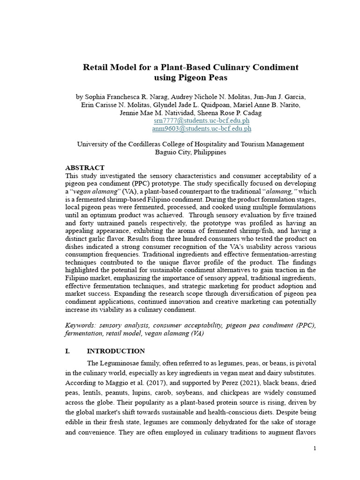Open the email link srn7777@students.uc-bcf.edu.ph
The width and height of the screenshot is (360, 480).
[x=198, y=120]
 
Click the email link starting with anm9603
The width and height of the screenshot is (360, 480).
[x=202, y=128]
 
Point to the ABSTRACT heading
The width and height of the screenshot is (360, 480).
[x=84, y=167]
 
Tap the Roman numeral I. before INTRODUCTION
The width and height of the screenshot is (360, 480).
[x=67, y=351]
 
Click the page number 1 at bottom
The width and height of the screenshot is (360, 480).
[x=315, y=449]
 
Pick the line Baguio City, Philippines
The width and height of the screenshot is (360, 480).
[x=190, y=152]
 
